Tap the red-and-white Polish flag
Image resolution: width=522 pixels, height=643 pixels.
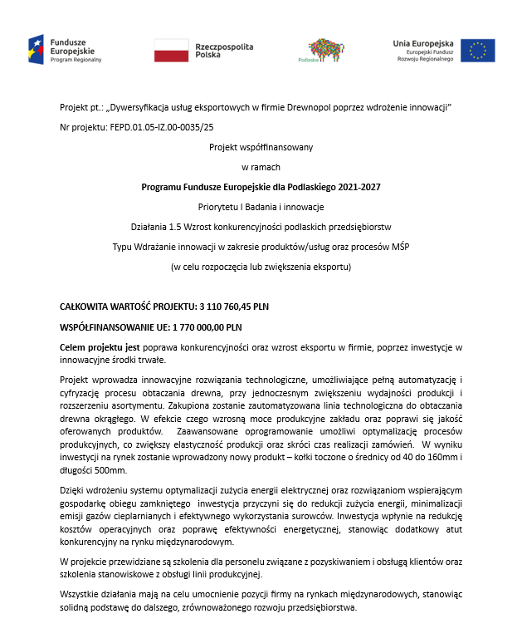tap(171, 50)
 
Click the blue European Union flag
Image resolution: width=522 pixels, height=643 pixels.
tap(477, 50)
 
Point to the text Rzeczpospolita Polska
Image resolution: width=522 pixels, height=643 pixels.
tap(224, 50)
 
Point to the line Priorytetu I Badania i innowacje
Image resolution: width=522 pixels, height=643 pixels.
tap(261, 205)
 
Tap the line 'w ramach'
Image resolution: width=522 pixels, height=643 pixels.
tap(261, 166)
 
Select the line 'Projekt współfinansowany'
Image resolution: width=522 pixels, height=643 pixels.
tap(261, 147)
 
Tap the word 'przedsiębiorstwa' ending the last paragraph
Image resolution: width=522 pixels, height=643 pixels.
tap(321, 607)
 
